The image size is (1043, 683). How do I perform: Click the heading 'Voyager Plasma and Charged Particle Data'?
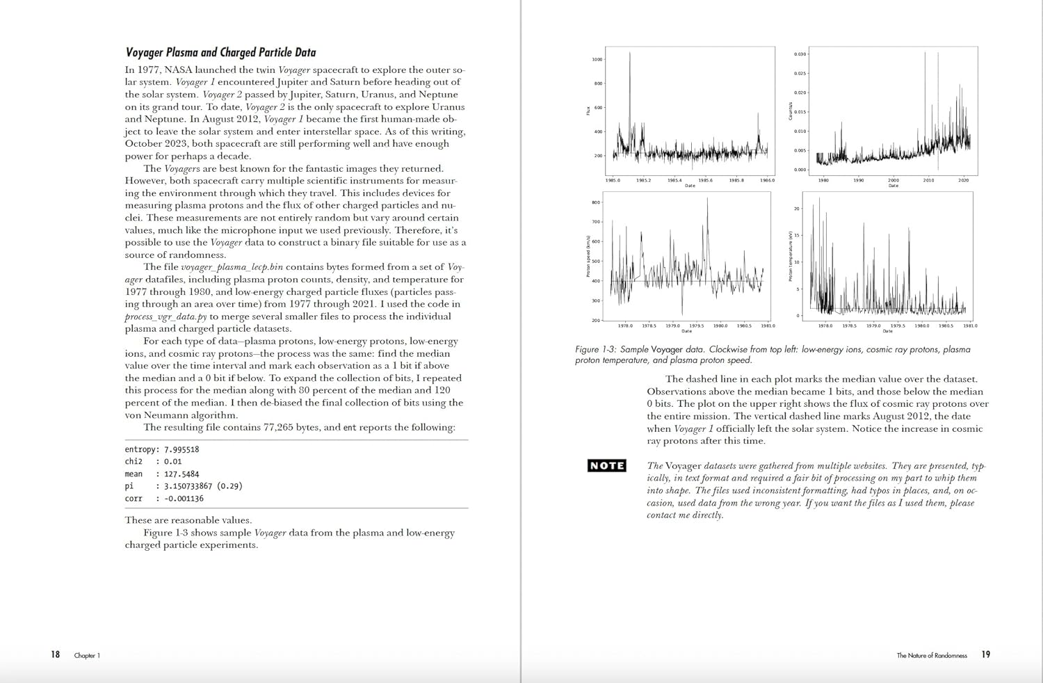coord(220,52)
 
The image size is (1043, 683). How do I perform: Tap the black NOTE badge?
coord(606,465)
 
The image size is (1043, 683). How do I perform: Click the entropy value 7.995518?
coord(181,449)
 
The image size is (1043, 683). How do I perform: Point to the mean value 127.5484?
coord(181,474)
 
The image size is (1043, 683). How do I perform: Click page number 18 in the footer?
coord(55,654)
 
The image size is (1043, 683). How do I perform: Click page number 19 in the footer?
coord(985,654)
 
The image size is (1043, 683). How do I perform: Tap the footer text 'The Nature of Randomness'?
coord(931,655)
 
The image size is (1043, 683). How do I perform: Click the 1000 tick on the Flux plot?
coord(597,60)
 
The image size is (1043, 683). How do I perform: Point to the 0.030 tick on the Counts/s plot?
coord(800,54)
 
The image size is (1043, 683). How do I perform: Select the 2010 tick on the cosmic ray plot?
coord(928,180)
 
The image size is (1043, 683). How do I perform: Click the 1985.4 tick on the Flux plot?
coord(674,180)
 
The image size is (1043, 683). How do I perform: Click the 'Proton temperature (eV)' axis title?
coord(790,257)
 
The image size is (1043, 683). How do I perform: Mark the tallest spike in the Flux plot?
coord(630,54)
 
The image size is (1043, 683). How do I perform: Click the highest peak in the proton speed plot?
coord(707,199)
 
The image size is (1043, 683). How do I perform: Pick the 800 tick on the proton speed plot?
coord(595,203)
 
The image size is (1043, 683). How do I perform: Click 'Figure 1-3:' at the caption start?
coord(595,349)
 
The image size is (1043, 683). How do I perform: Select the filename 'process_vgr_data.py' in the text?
coord(165,316)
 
